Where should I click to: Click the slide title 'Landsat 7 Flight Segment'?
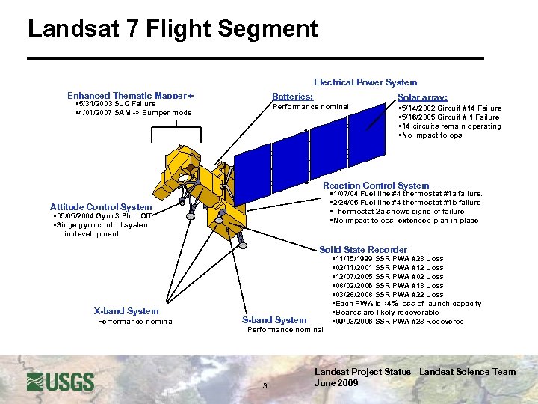(x=173, y=29)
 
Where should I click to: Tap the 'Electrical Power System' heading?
(x=365, y=82)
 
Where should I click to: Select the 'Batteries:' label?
(x=293, y=97)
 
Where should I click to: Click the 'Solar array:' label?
(x=422, y=97)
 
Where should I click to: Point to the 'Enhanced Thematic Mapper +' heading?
(x=130, y=96)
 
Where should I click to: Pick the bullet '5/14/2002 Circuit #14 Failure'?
(x=451, y=108)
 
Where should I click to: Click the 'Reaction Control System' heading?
(x=376, y=186)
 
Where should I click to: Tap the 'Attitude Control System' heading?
(x=101, y=207)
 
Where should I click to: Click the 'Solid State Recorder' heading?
(x=363, y=250)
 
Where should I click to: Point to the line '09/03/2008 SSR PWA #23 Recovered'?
(x=399, y=322)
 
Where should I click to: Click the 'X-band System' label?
(x=126, y=311)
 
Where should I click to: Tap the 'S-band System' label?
(x=275, y=320)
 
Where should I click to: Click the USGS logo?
(x=61, y=382)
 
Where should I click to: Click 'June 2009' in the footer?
(x=336, y=383)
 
